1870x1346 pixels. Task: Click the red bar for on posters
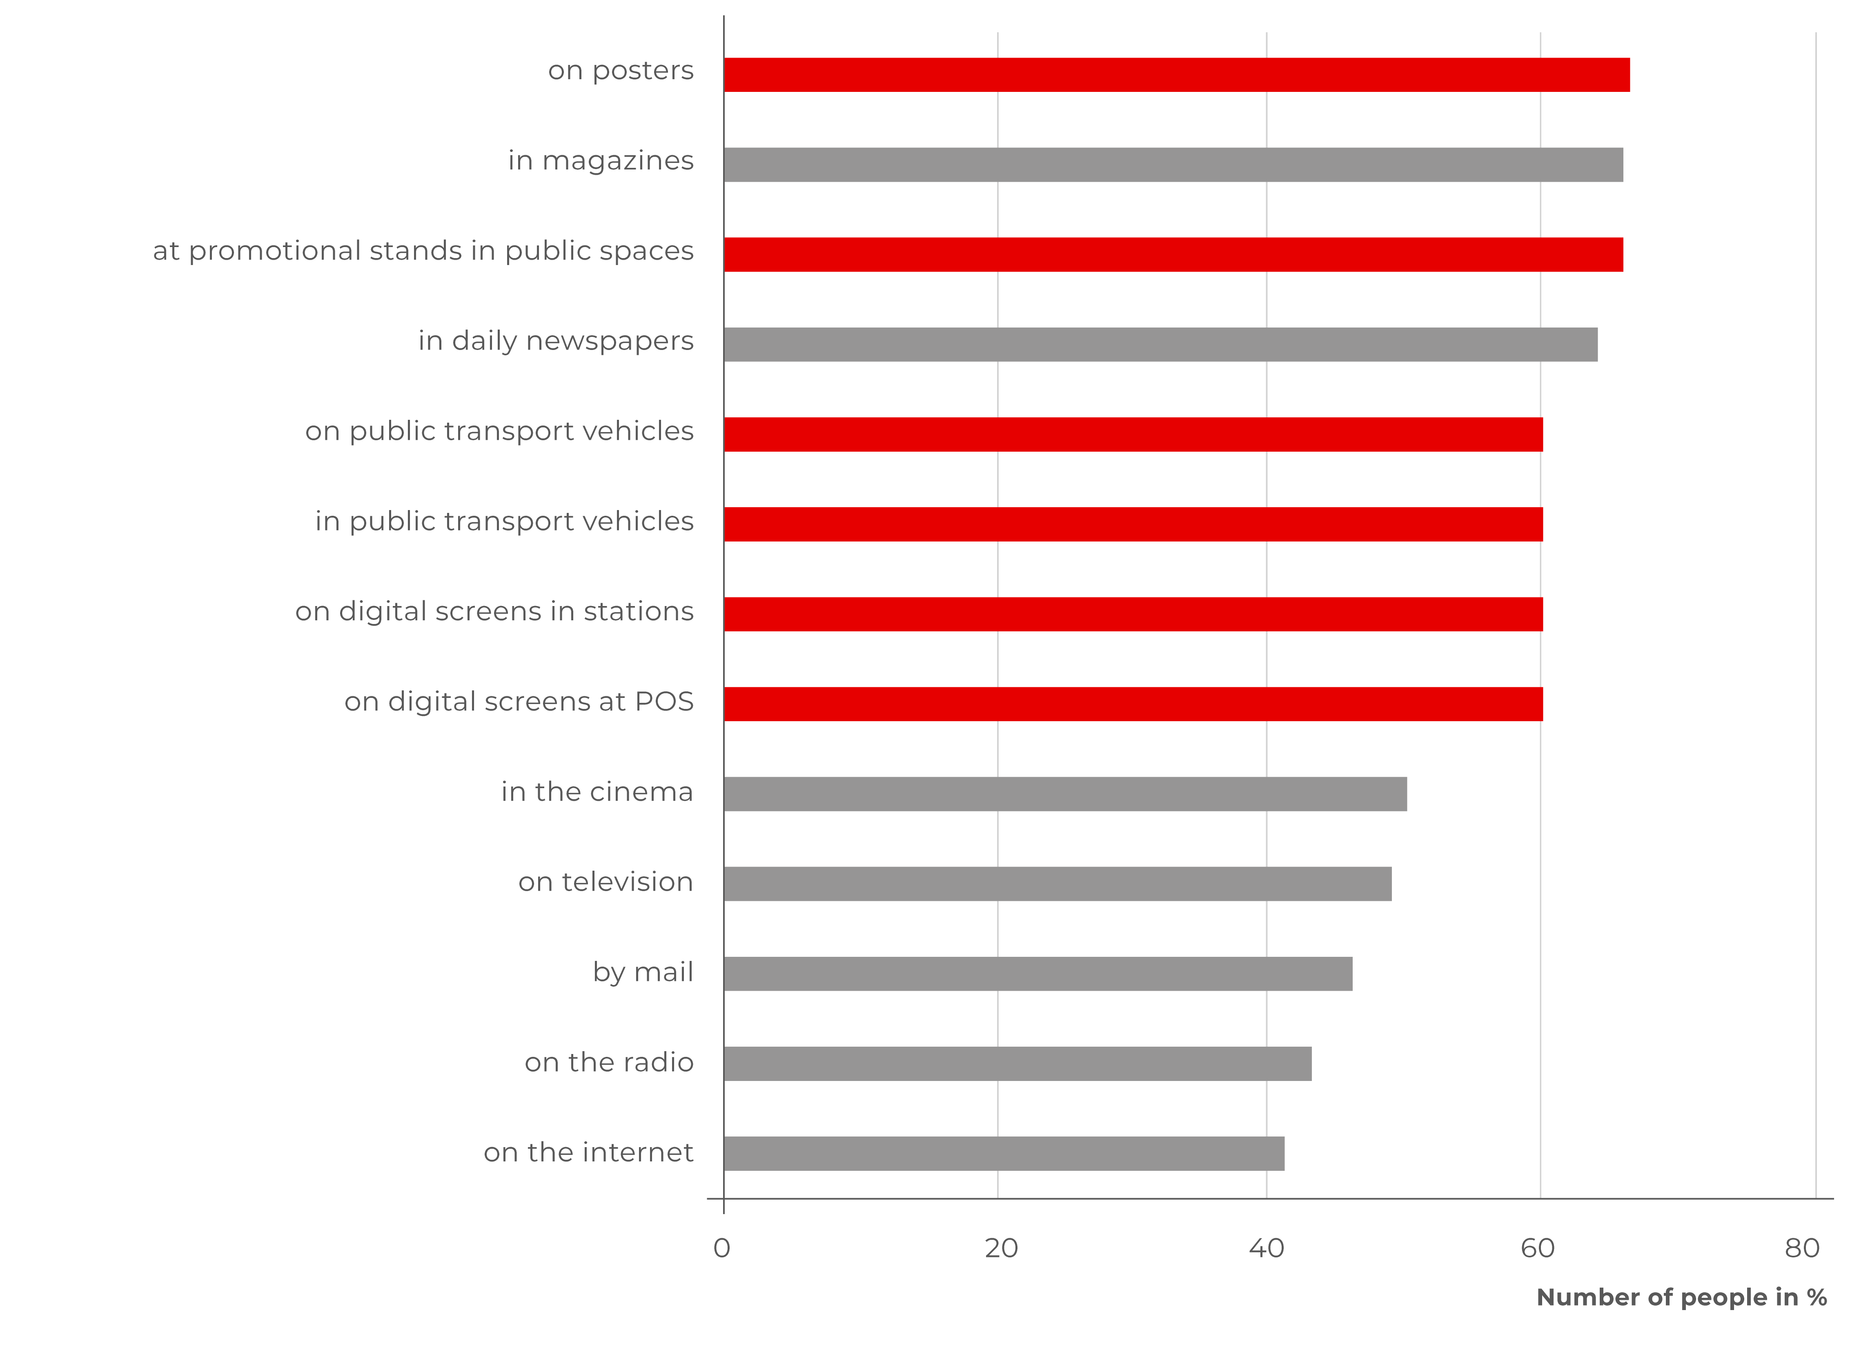pos(1177,75)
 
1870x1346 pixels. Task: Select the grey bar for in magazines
pos(1173,165)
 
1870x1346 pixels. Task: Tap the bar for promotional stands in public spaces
pos(1173,255)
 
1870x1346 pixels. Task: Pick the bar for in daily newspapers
pos(1160,345)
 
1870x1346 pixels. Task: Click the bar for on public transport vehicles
pos(1133,435)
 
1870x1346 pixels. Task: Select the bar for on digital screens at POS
pos(1133,704)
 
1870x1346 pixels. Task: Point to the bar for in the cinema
pos(1065,794)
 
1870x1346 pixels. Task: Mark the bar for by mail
pos(1038,974)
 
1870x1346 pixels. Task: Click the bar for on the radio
pos(1017,1064)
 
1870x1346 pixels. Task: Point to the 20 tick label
pos(1001,1249)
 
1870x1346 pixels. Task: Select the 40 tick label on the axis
pos(1267,1249)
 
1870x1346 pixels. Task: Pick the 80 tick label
pos(1802,1249)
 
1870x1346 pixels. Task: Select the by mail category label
pos(643,972)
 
